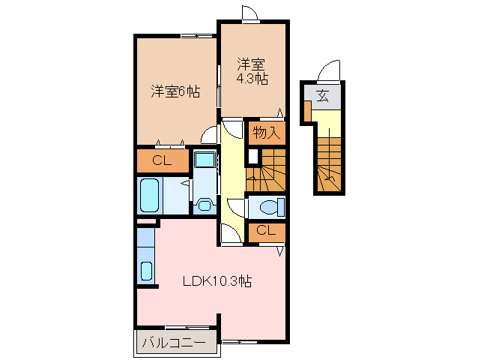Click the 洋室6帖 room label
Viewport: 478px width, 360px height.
coord(175,92)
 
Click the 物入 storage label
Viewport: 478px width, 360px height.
coord(266,133)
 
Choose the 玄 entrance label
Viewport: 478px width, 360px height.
coord(322,95)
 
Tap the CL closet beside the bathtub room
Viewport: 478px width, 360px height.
coord(162,160)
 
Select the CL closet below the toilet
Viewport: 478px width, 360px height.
coord(266,231)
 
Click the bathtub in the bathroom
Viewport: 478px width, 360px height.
coord(150,196)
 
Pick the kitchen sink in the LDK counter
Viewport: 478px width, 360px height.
coord(146,271)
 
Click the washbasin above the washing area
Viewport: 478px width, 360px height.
coord(203,160)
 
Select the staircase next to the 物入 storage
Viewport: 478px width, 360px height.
coord(268,171)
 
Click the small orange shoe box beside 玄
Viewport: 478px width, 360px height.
coord(307,110)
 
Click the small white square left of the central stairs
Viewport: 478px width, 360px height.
coord(252,157)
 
